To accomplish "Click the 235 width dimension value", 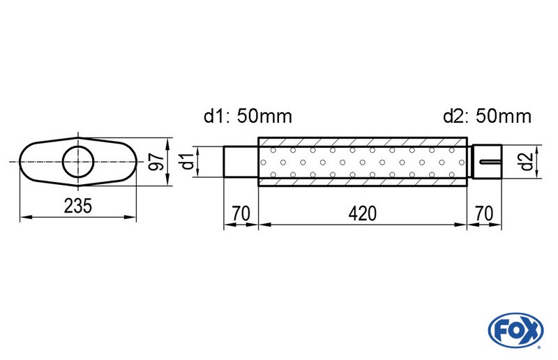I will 77,207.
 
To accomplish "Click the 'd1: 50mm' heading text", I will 248,116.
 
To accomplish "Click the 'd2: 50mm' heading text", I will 487,116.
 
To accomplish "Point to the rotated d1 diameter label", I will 186,162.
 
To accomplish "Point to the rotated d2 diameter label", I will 527,162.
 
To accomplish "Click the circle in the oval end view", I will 78,162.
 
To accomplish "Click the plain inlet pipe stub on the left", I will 241,162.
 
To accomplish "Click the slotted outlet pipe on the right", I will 486,162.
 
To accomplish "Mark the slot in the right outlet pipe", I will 490,163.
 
